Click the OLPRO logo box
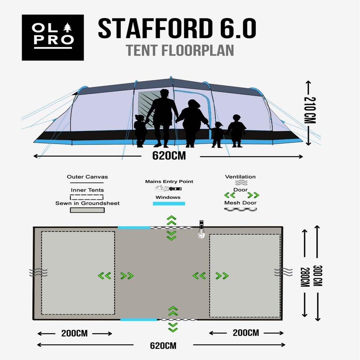tap(53, 37)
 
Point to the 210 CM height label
tap(310, 110)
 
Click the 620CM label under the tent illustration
tap(169, 156)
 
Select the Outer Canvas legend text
tap(87, 177)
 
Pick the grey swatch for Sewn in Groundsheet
tap(87, 210)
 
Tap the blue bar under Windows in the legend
tap(169, 203)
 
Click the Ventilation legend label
tap(240, 177)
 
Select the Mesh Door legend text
tap(240, 203)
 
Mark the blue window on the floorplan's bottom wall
tap(139, 319)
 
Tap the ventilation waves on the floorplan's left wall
tap(38, 272)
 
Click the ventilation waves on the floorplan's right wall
tap(283, 272)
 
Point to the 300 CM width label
tap(318, 276)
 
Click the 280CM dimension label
tap(305, 277)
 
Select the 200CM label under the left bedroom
tap(74, 333)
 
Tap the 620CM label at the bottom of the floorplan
tap(163, 345)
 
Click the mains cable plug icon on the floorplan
tap(201, 229)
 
